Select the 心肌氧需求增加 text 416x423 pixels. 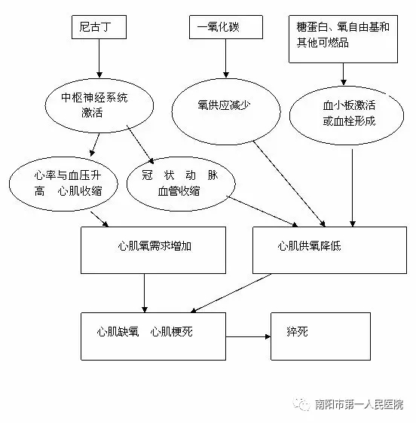[x=154, y=246]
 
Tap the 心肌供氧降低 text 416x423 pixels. [x=309, y=246]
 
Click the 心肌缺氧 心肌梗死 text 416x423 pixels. [x=145, y=332]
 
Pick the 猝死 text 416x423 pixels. [x=297, y=331]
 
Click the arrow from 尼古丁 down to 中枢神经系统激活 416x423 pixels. [x=99, y=58]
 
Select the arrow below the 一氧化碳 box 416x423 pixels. [x=226, y=58]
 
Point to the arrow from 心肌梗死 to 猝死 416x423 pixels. [x=248, y=336]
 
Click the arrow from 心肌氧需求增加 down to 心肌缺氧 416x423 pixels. [x=145, y=294]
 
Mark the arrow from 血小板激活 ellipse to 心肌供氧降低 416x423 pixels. [x=352, y=188]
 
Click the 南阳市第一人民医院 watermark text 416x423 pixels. [x=359, y=404]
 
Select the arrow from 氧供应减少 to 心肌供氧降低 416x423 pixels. [x=289, y=184]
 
